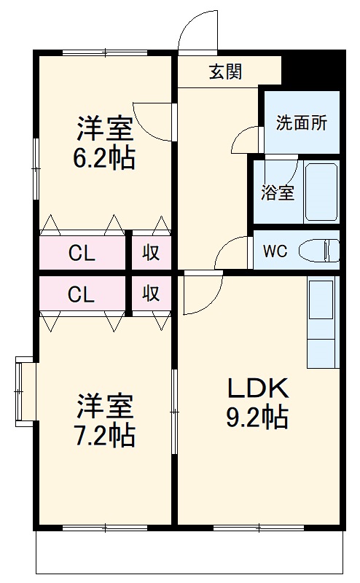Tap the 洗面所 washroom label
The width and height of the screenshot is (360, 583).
(301, 122)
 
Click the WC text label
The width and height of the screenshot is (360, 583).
(275, 251)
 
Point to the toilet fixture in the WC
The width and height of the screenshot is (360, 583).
(323, 250)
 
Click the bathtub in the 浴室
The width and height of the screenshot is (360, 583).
(321, 192)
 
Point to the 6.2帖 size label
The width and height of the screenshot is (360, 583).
(105, 159)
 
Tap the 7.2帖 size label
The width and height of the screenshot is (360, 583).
(105, 435)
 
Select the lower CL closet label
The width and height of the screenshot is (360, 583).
(81, 294)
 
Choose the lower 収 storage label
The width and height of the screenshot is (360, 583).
(151, 294)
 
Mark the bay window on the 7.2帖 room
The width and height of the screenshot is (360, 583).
(23, 391)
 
